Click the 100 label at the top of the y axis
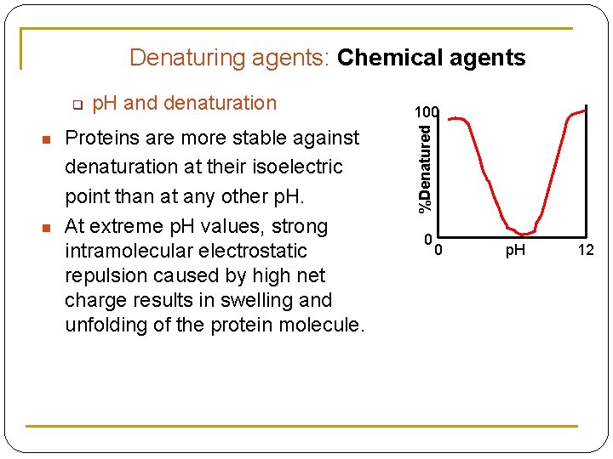point(427,112)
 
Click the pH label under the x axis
point(515,251)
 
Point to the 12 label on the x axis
point(585,251)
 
